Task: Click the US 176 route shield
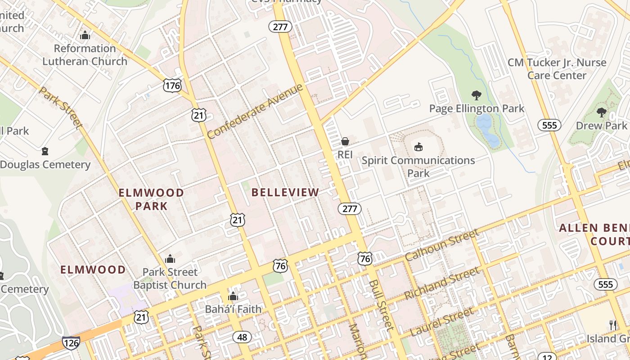pos(173,85)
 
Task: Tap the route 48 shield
pos(242,337)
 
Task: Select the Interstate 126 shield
pos(71,342)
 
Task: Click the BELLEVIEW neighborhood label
pos(285,193)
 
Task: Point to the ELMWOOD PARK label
pos(151,199)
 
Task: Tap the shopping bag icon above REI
pos(345,141)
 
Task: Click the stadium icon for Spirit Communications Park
pos(418,147)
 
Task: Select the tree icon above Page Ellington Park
pos(477,95)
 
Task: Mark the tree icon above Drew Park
pos(601,112)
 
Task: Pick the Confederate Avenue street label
pos(254,112)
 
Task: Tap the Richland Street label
pos(442,283)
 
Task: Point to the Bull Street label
pos(381,305)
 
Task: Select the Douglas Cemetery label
pos(45,165)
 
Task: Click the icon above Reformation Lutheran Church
pos(85,35)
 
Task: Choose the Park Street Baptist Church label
pos(170,278)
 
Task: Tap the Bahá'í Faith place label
pos(233,309)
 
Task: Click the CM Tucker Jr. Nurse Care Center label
pos(557,69)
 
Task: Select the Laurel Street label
pos(442,321)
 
